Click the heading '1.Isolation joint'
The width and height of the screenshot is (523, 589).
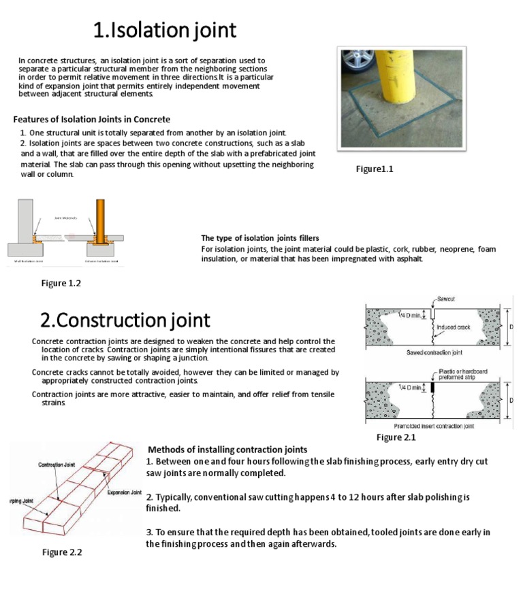(165, 30)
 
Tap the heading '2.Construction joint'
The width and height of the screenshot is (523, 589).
(125, 320)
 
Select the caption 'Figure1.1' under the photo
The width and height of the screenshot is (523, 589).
(375, 169)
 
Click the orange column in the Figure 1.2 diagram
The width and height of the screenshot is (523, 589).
(100, 222)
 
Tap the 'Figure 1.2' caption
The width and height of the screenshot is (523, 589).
(61, 284)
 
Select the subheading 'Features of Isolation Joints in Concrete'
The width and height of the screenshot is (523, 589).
(92, 119)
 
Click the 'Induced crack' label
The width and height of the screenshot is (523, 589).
(454, 327)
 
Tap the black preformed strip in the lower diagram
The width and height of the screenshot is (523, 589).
(431, 388)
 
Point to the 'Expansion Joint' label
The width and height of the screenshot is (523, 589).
(124, 492)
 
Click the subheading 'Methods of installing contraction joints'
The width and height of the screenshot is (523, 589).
(227, 450)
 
